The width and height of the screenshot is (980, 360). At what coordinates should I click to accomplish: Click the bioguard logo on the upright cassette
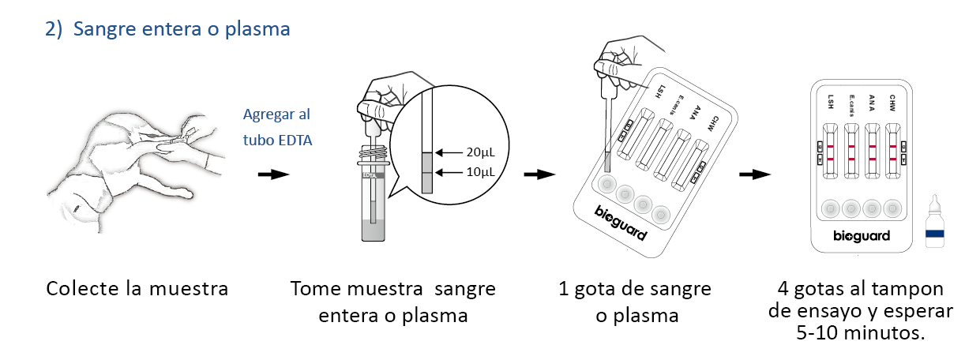click(x=862, y=236)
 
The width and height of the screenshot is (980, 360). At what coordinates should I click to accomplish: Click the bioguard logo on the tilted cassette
click(x=621, y=223)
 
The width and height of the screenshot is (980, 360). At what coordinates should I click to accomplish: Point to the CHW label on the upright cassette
click(x=892, y=102)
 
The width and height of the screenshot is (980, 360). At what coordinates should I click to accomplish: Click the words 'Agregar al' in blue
click(x=276, y=113)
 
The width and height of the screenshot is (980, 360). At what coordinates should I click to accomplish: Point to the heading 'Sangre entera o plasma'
click(x=182, y=29)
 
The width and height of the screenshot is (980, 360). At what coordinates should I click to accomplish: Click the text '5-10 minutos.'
click(x=861, y=332)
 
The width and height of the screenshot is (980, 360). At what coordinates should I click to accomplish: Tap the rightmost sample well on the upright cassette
click(x=892, y=208)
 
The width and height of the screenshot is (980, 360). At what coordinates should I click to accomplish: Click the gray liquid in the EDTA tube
click(x=373, y=231)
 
